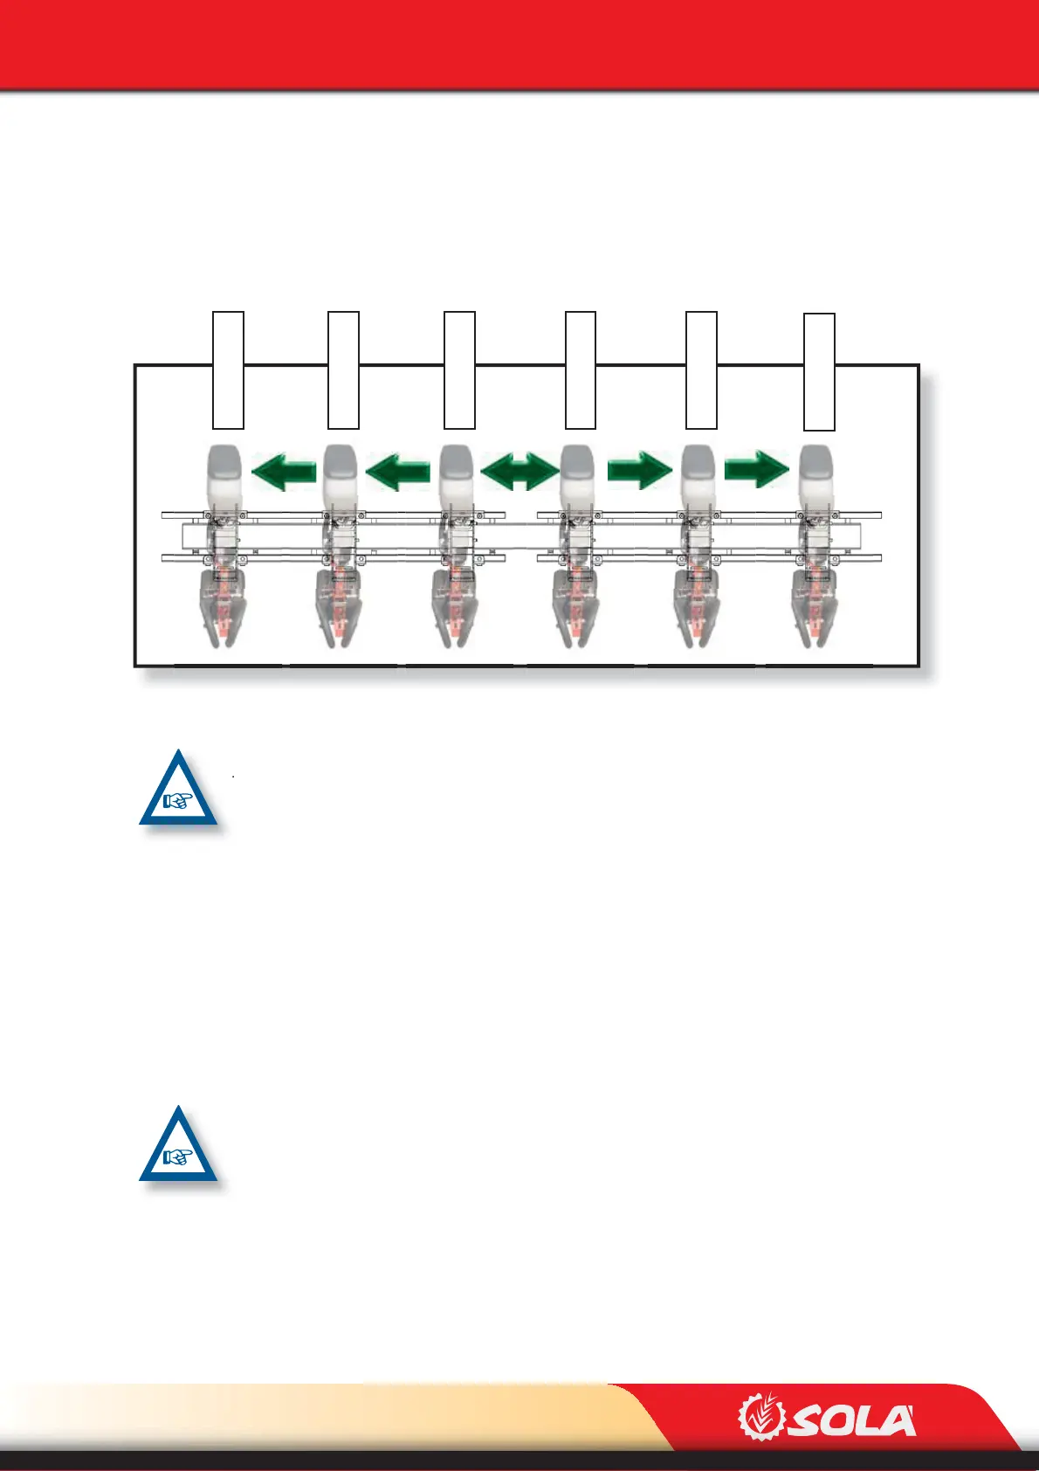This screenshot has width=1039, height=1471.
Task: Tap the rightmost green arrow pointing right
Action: coord(757,470)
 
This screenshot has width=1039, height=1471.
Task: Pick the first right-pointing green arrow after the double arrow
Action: coord(640,470)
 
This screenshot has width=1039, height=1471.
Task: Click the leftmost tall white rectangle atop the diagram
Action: coord(229,369)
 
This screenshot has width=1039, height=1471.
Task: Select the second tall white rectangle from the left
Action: coord(343,369)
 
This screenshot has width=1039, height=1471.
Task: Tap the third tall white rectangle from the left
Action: coord(459,369)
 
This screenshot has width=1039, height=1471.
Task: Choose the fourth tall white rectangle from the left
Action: coord(581,369)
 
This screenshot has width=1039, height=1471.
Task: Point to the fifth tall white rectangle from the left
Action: coord(701,369)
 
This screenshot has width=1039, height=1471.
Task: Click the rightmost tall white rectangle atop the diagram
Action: coord(819,371)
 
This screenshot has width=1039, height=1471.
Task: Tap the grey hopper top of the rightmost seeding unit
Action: coord(815,472)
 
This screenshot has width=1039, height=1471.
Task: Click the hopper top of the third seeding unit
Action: coord(456,472)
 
